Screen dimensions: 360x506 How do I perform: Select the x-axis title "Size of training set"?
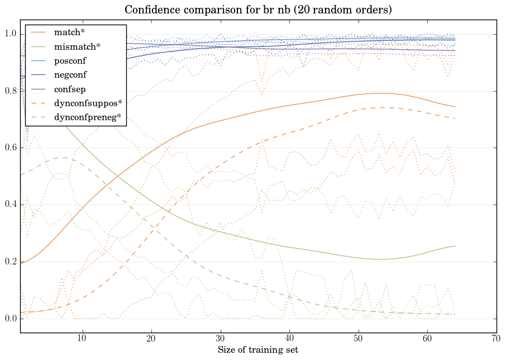[x=257, y=350]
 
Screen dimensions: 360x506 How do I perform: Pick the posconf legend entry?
[x=70, y=60]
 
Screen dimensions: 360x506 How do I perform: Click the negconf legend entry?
[x=70, y=74]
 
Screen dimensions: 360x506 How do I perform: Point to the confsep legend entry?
[x=69, y=88]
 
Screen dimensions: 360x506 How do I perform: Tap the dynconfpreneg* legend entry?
[x=87, y=117]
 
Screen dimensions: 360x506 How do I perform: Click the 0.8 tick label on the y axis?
[x=10, y=91]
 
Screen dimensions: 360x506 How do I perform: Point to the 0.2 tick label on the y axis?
[x=10, y=262]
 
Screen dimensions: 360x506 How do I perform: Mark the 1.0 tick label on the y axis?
[x=10, y=34]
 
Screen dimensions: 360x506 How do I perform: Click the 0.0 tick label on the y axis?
[x=10, y=319]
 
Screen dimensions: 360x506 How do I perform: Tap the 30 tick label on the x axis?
[x=221, y=338]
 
